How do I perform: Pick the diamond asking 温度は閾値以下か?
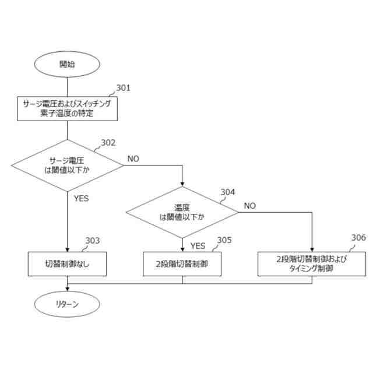182,212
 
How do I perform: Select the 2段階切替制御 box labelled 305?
182,264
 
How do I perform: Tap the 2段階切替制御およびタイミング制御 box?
312,264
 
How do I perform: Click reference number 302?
108,143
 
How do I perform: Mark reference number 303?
93,241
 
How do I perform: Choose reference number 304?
228,192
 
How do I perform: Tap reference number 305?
224,240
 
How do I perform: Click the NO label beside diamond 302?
133,159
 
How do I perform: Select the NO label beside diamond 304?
249,205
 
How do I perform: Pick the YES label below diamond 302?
81,198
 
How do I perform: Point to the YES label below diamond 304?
198,245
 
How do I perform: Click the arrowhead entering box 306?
312,249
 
